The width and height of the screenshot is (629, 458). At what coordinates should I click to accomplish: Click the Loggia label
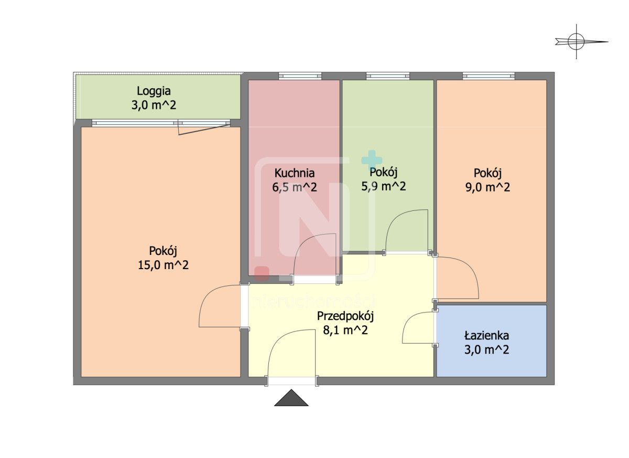pos(154,91)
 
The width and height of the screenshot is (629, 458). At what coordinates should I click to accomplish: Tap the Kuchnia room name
pos(294,173)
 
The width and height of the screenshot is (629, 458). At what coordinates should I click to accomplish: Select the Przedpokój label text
pos(345,316)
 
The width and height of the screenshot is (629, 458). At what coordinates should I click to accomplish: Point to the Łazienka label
pos(486,335)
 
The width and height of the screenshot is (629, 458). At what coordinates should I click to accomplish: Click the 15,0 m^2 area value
pos(163,265)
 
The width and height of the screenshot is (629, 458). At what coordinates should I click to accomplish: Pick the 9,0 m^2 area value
pos(488,187)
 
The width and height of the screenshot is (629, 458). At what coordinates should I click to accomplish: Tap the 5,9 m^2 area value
pos(384,186)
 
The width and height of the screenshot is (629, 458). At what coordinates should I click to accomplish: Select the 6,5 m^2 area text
pos(295,187)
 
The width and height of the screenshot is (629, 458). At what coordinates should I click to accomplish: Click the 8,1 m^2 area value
pos(345,330)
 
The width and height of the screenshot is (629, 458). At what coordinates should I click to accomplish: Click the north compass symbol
pos(577,42)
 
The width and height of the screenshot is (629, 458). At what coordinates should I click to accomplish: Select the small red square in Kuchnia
pos(262,273)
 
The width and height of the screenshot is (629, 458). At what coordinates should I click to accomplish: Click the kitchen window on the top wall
pos(300,76)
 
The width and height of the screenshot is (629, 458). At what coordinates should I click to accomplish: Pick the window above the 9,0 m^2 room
pos(489,76)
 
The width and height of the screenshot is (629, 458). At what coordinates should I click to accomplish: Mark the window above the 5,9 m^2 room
pos(388,76)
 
